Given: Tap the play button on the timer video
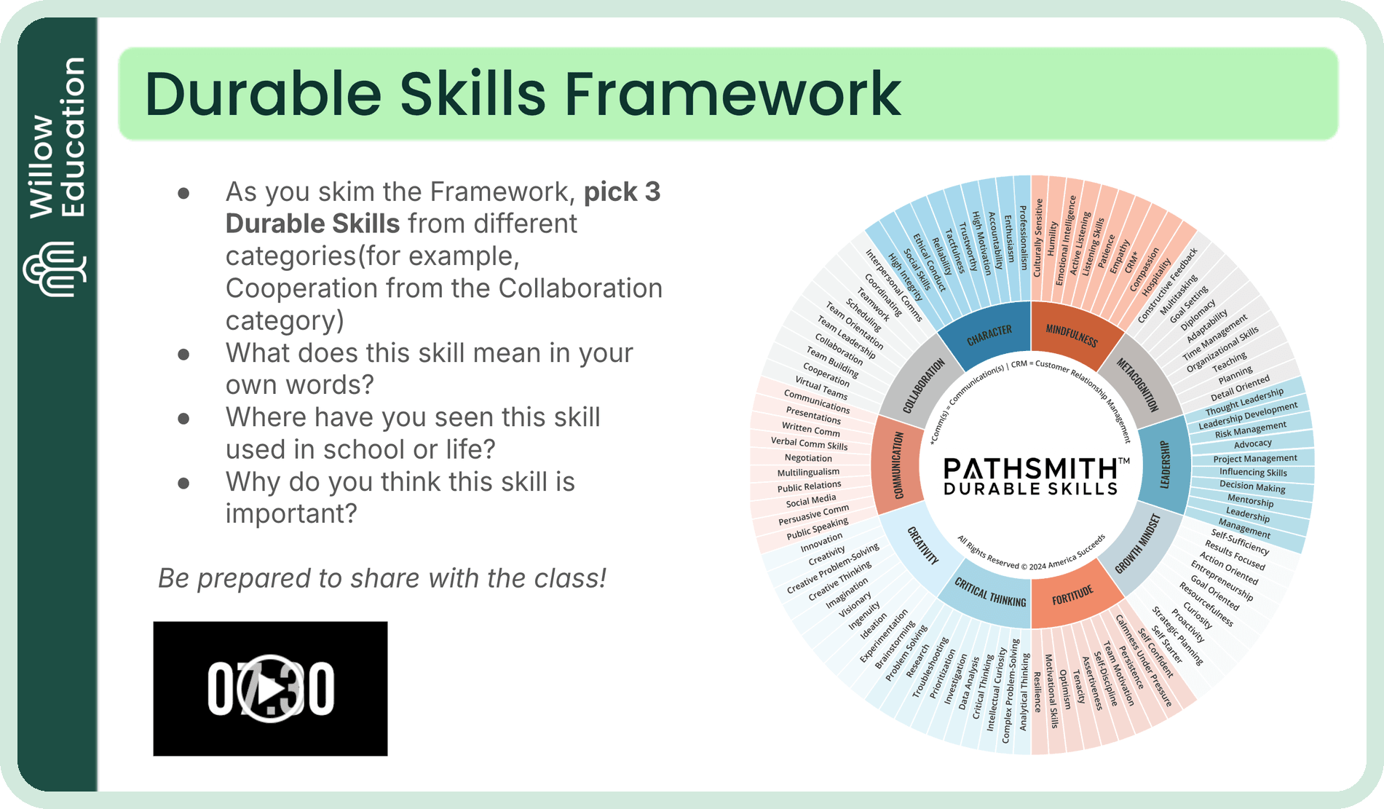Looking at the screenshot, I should click(x=270, y=688).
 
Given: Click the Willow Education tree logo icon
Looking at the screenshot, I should click(x=54, y=269).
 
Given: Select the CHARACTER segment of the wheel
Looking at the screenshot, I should click(x=989, y=336).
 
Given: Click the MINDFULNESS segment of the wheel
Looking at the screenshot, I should click(x=1071, y=336).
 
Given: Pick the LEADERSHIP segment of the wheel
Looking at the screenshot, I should click(x=1164, y=465).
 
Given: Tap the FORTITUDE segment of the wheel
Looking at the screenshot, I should click(x=1072, y=596).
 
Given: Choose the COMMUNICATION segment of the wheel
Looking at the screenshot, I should click(x=898, y=465).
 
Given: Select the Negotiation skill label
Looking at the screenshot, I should click(x=807, y=458).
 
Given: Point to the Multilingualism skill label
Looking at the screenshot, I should click(x=808, y=473).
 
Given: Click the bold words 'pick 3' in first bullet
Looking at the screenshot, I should click(x=622, y=192).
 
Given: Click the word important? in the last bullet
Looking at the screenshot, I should click(x=291, y=513).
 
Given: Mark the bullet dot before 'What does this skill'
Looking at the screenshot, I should click(x=184, y=354).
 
